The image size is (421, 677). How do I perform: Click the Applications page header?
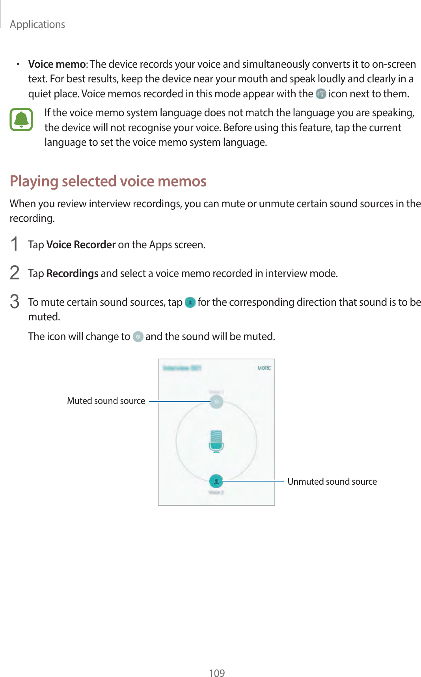point(37,24)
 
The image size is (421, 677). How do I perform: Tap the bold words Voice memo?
point(57,64)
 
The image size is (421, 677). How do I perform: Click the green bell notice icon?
point(21,120)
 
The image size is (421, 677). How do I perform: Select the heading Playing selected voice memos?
point(108,181)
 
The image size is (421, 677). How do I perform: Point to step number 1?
point(15,244)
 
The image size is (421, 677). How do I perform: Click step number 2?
point(15,273)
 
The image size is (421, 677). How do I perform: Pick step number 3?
point(15,302)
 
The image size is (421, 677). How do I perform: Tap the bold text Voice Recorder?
point(81,245)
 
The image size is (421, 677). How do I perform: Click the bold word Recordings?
point(73,273)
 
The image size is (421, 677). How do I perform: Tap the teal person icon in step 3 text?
point(190,302)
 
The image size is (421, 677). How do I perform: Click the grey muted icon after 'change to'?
point(138,337)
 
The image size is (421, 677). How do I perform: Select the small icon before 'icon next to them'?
point(321,94)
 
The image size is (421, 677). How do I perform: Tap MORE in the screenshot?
point(264,368)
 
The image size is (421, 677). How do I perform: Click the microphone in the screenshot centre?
point(216,441)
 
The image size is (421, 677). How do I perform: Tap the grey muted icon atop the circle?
point(216,402)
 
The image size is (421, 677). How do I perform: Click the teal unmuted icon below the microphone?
point(216,481)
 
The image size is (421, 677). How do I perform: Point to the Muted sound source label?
point(106,401)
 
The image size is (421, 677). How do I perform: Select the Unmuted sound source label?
point(332,482)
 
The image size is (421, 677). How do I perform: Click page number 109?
point(216,673)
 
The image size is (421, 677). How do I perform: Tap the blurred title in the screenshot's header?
point(182,368)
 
